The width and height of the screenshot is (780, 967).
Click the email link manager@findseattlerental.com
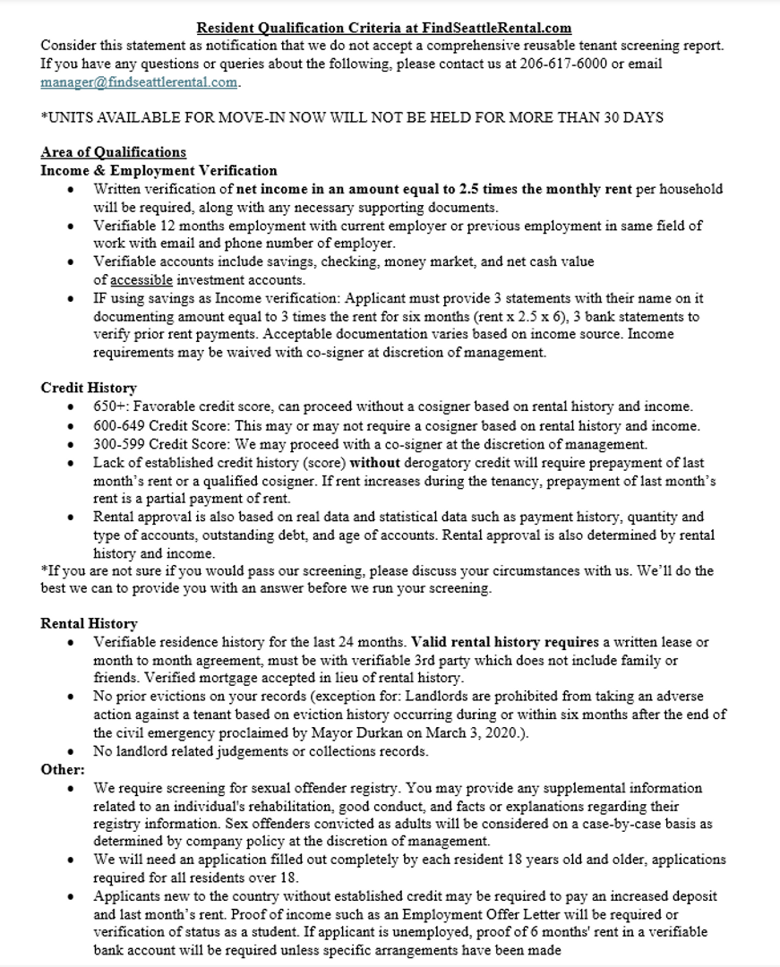[140, 82]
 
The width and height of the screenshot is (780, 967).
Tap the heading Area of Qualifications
[113, 152]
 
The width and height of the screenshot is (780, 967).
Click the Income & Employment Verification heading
[159, 170]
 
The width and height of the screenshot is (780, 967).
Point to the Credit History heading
[89, 388]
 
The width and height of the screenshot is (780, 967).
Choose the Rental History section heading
[89, 623]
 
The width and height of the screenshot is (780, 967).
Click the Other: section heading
[63, 769]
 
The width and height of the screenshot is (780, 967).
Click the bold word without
[376, 463]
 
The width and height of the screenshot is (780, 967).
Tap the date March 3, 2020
[509, 733]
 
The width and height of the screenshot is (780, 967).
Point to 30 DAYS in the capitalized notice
[631, 118]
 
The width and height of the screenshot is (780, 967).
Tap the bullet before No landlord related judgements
[72, 752]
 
